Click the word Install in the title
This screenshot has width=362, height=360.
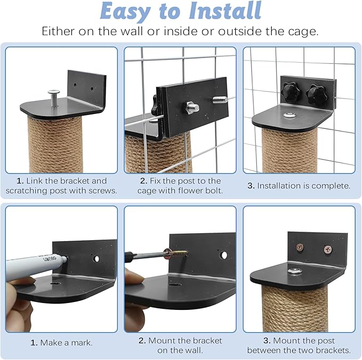(x=225, y=11)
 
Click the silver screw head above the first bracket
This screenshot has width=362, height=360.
(x=53, y=92)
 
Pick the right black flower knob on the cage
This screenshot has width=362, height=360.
(x=316, y=94)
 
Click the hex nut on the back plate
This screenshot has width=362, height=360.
(x=193, y=108)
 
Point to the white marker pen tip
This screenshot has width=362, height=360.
(x=65, y=259)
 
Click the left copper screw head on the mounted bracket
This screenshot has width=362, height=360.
(x=300, y=248)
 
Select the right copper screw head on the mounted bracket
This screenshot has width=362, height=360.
(x=328, y=249)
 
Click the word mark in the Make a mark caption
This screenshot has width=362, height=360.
(x=82, y=343)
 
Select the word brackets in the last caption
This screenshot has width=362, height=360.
(x=333, y=350)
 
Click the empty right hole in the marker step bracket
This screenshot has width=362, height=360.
(x=96, y=259)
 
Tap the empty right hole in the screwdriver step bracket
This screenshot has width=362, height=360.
(x=224, y=255)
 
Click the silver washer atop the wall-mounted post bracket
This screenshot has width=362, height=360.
(x=294, y=271)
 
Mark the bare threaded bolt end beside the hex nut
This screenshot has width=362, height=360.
(x=220, y=100)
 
